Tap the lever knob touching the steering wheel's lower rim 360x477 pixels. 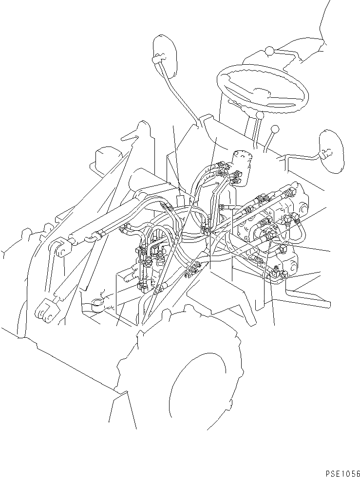coord(260,116)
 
